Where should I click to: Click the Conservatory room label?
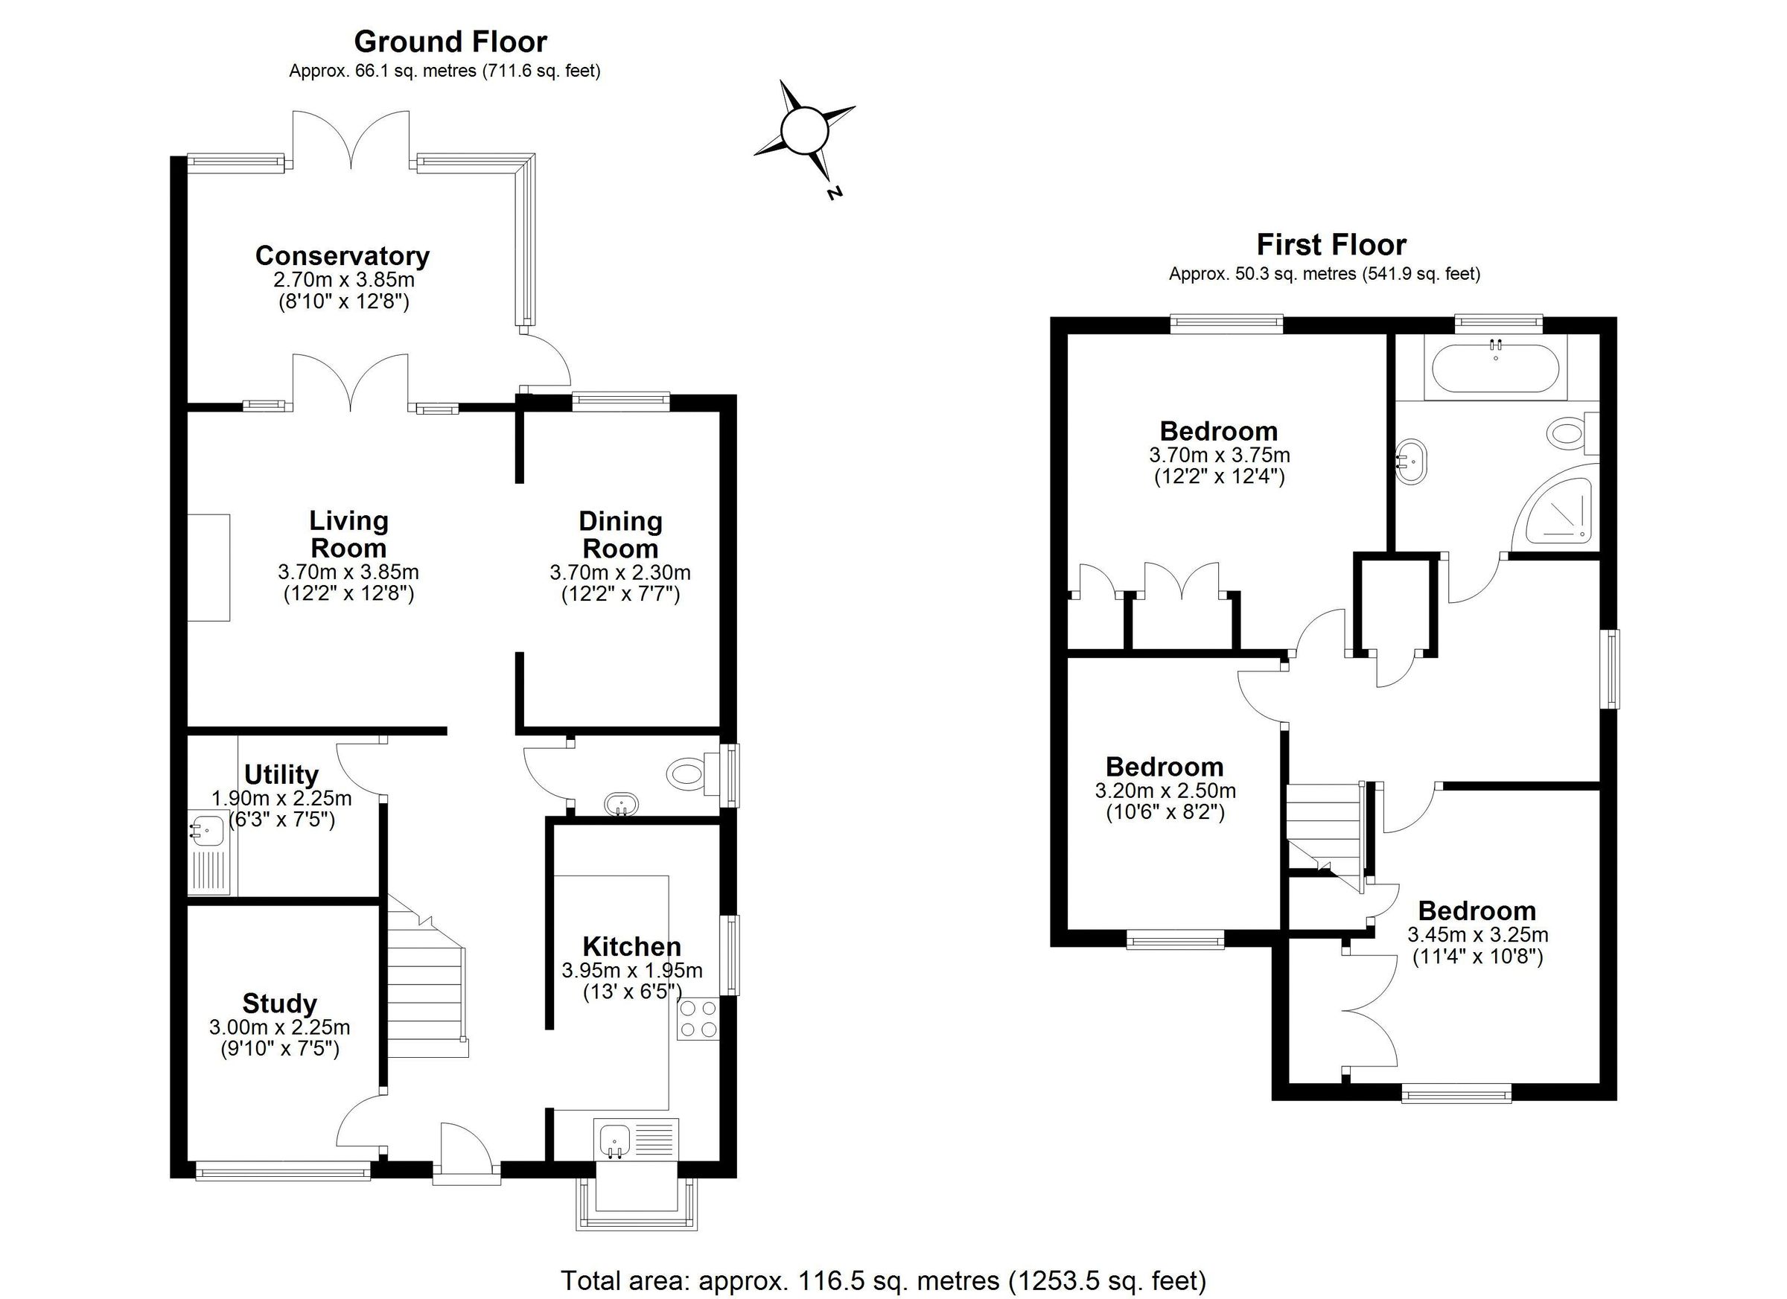tap(342, 256)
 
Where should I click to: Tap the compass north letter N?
tap(835, 191)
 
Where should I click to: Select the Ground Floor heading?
tap(450, 41)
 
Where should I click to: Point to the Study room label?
tap(280, 1003)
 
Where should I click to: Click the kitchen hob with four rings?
tap(698, 1018)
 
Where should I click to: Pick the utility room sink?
tap(208, 829)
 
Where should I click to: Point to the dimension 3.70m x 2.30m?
tap(620, 572)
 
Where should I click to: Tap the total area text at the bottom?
tap(882, 1280)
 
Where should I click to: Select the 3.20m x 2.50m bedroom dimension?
tap(1165, 790)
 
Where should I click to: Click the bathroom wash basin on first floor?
tap(1411, 460)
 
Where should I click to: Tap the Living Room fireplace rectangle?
tap(208, 567)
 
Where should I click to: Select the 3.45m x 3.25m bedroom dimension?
tap(1477, 935)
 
